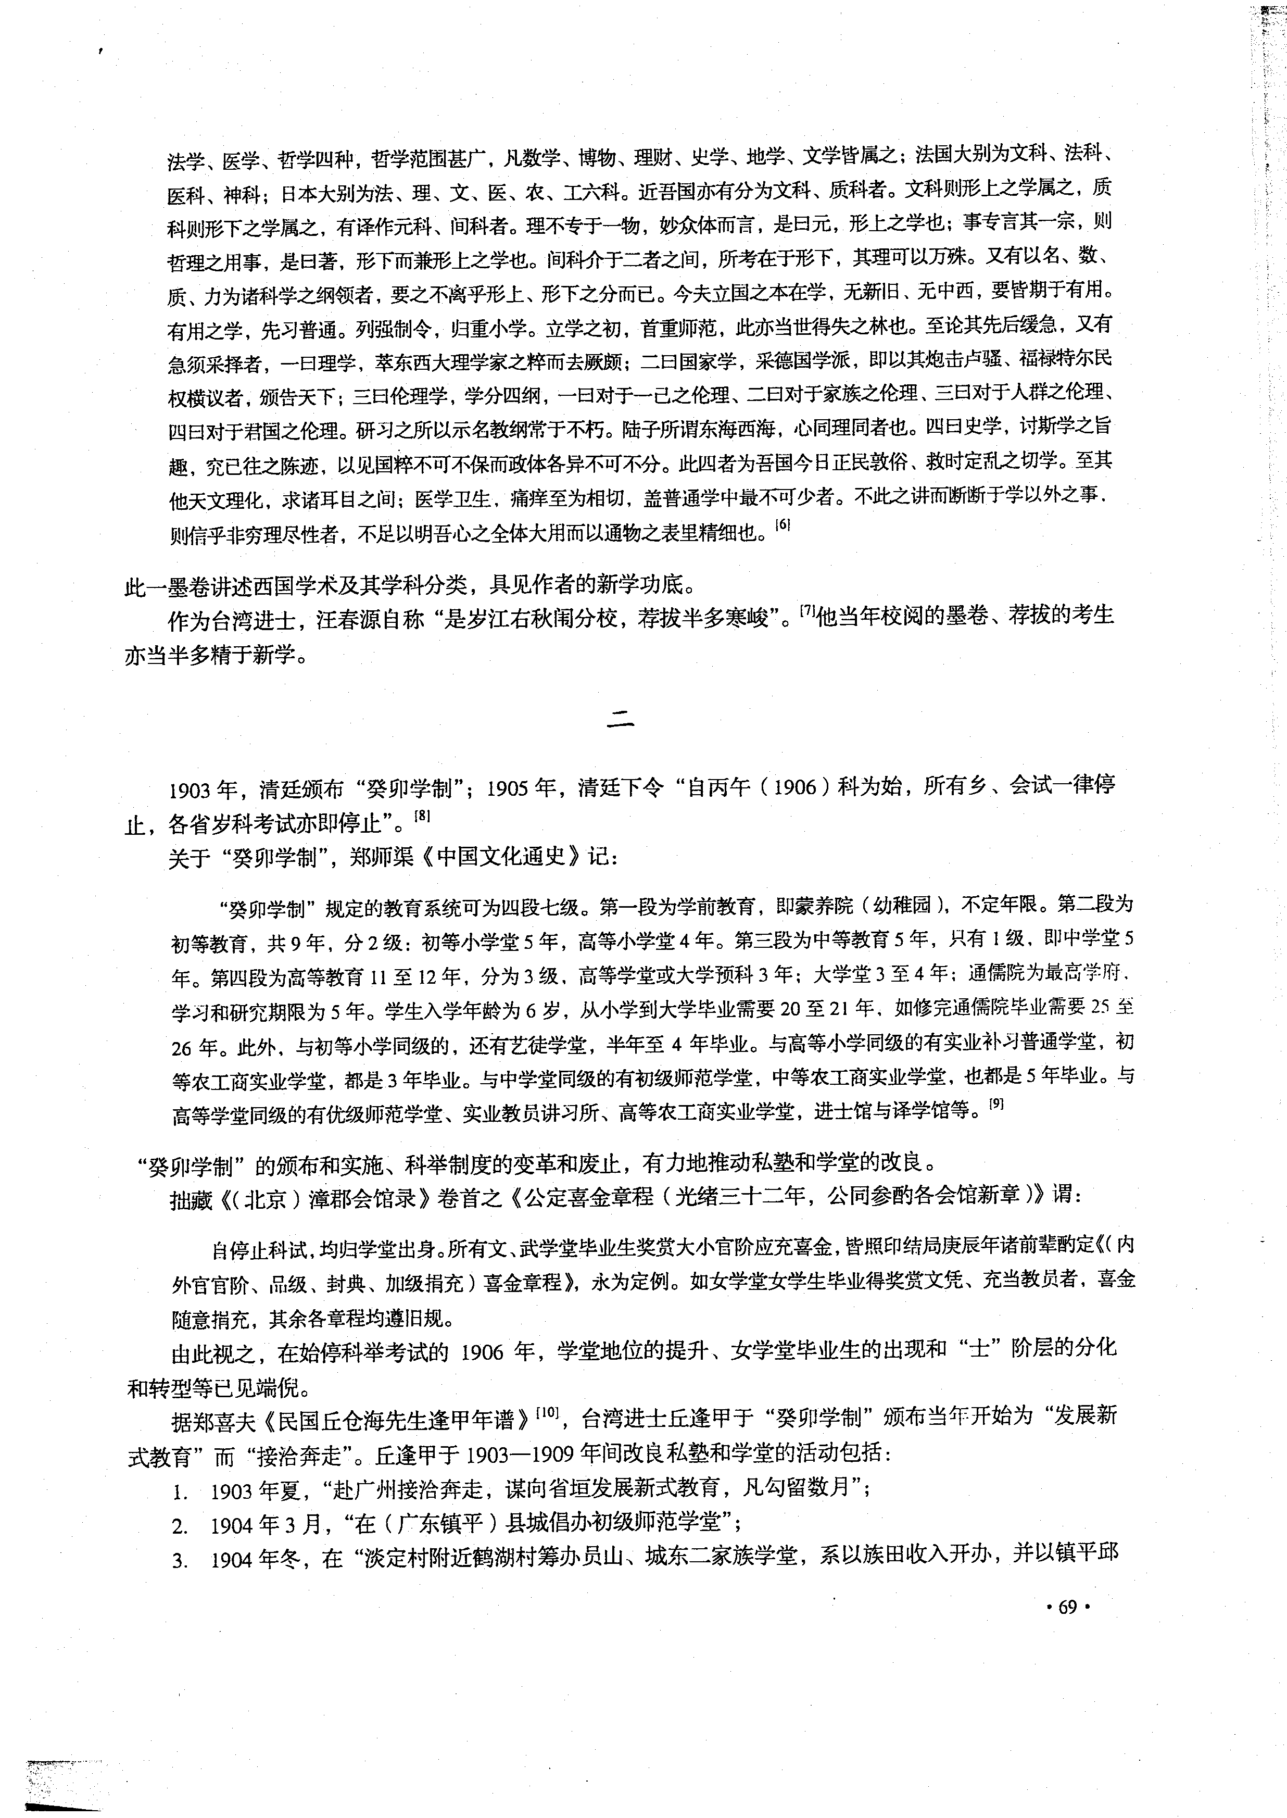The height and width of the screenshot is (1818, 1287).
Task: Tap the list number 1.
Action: [x=180, y=1493]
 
